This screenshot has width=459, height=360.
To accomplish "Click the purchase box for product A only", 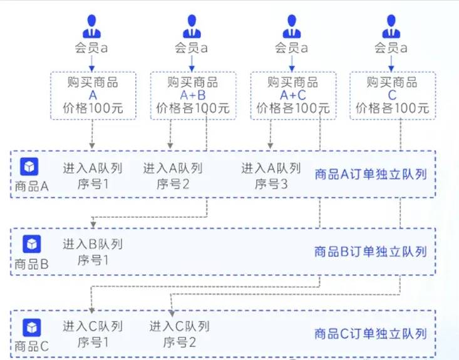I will pyautogui.click(x=92, y=95).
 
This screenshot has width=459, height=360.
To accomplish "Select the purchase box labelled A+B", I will pyautogui.click(x=192, y=95).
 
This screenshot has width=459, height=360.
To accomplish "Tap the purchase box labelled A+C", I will pyautogui.click(x=292, y=95).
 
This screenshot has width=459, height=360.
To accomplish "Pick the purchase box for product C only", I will pyautogui.click(x=392, y=95).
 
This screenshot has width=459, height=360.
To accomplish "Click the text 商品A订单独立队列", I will pyautogui.click(x=371, y=174).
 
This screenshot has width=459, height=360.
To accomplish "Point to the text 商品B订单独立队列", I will pyautogui.click(x=371, y=252).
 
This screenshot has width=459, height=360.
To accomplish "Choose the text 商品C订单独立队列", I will pyautogui.click(x=371, y=334).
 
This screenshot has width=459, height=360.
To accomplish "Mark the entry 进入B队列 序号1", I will pyautogui.click(x=93, y=252).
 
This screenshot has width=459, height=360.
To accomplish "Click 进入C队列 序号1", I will pyautogui.click(x=93, y=334).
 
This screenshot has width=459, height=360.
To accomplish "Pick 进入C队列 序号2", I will pyautogui.click(x=179, y=334).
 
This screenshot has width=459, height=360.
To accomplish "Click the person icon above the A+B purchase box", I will pyautogui.click(x=192, y=27).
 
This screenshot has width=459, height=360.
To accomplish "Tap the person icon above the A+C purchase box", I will pyautogui.click(x=292, y=27).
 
